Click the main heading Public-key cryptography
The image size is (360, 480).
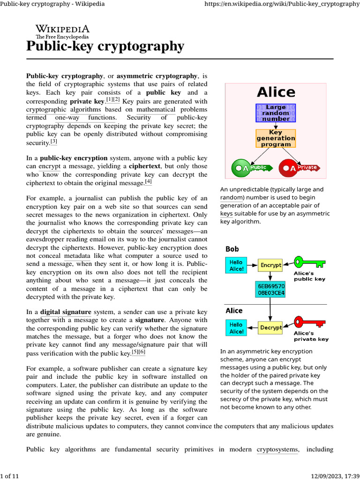[105, 46]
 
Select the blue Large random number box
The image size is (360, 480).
[276, 113]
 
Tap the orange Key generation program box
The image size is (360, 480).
[276, 138]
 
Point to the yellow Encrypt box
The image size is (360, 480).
[270, 265]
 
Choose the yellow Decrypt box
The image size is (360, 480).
[270, 327]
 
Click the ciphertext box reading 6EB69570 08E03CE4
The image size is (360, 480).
[271, 289]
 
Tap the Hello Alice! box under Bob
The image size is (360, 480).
[236, 266]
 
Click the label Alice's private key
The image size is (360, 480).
[311, 336]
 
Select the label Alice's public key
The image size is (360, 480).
[309, 276]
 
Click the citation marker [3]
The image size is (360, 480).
[54, 141]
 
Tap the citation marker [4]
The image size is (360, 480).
[149, 181]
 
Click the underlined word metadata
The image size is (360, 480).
[77, 256]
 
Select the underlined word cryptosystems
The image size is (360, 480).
[277, 450]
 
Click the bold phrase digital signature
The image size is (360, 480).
[66, 312]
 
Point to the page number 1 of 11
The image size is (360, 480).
[10, 476]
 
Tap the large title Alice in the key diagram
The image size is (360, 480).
[276, 92]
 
